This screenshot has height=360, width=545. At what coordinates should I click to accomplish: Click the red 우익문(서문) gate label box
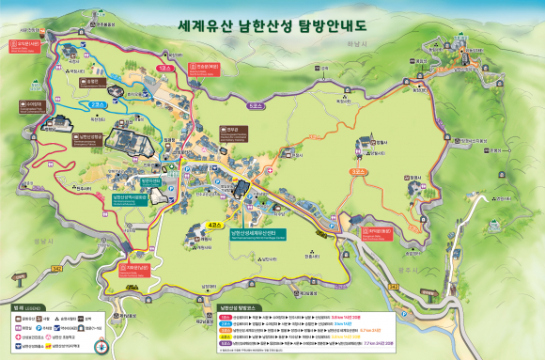[x=27, y=42]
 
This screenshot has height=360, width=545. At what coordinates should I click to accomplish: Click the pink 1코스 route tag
[x=164, y=70]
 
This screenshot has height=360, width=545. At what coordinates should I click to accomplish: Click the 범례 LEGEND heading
[x=25, y=306]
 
